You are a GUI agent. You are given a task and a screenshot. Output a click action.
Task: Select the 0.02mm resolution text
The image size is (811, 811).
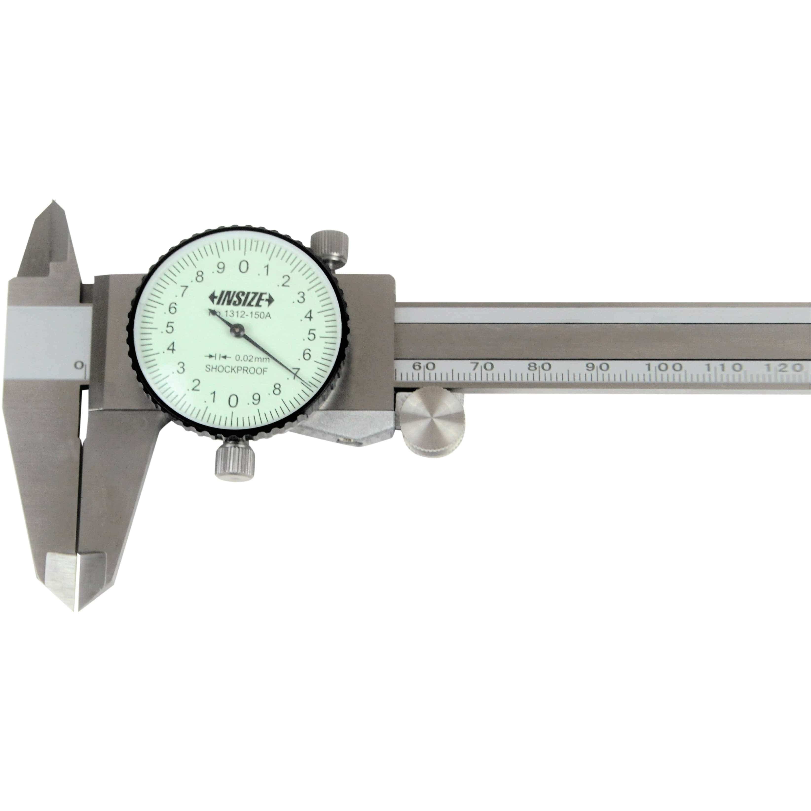tap(252, 358)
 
